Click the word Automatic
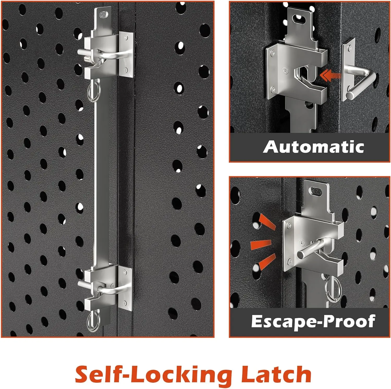314,147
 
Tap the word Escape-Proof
313,321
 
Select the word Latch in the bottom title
276,374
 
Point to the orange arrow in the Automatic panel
331,76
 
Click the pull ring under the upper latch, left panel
93,90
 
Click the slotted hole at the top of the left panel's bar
104,14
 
